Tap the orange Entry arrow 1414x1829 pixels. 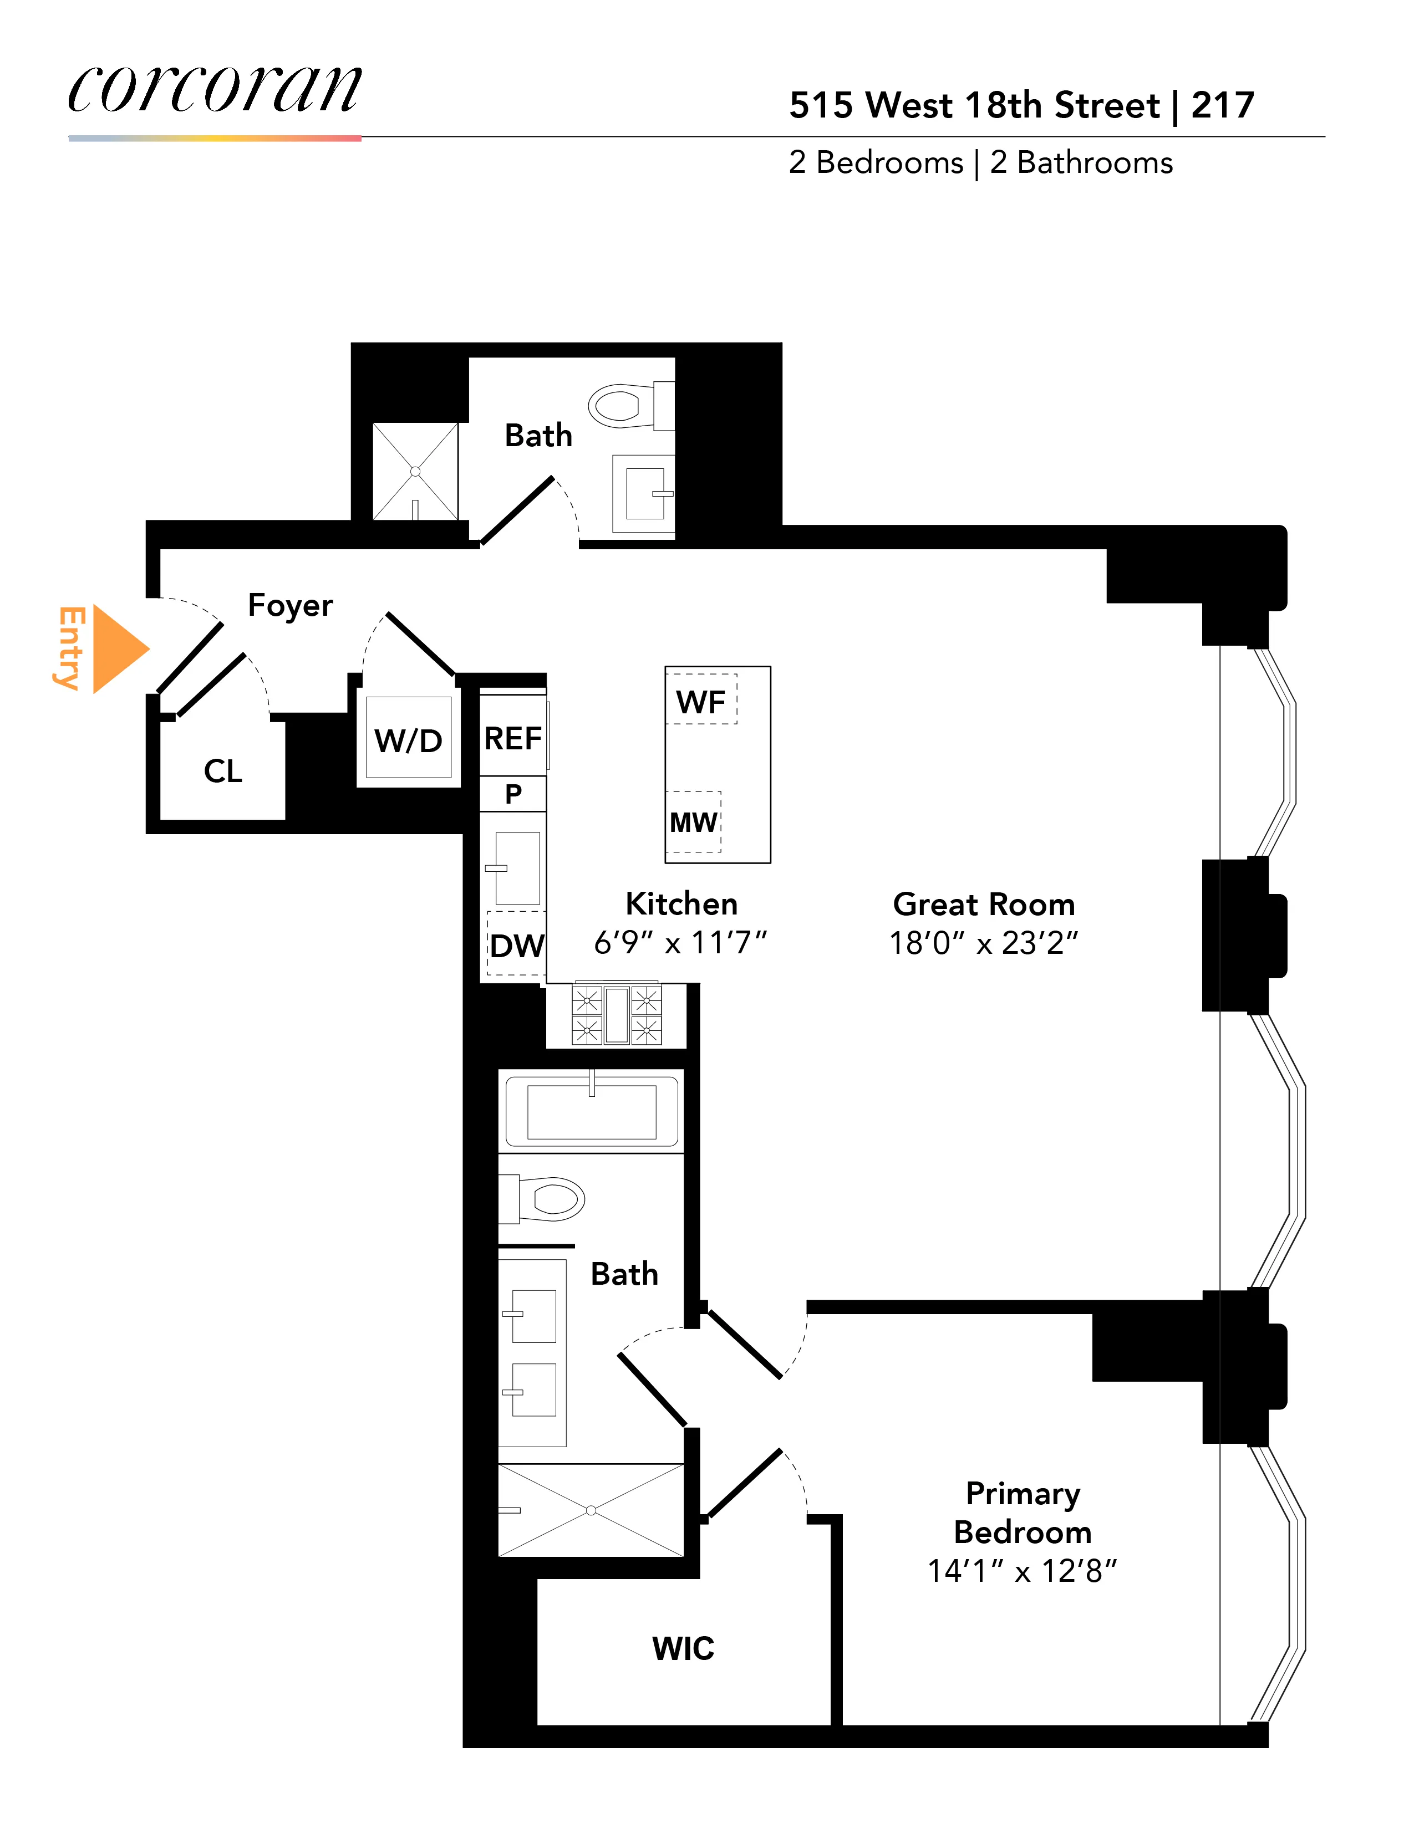coord(117,649)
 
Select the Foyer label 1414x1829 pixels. coord(290,605)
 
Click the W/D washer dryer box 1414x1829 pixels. coord(409,739)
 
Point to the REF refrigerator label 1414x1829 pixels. coord(513,739)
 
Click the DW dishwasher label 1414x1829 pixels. coord(517,946)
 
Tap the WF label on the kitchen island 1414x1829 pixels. coord(700,702)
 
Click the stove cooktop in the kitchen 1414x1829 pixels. coord(617,1015)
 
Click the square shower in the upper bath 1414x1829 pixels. coord(415,472)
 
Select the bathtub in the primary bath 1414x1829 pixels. coord(592,1111)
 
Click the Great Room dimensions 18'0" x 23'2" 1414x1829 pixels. coord(984,943)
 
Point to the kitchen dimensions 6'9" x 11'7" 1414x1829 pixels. coord(680,943)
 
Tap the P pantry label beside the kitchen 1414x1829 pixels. coord(513,794)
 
